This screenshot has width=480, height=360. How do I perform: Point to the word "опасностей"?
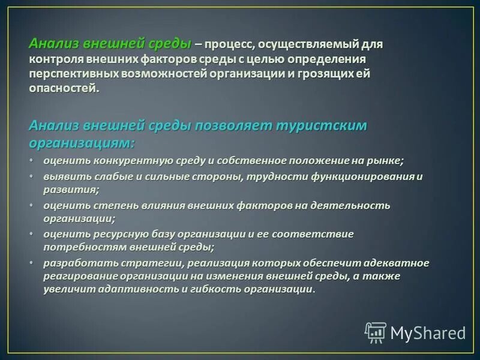pyautogui.click(x=62, y=89)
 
